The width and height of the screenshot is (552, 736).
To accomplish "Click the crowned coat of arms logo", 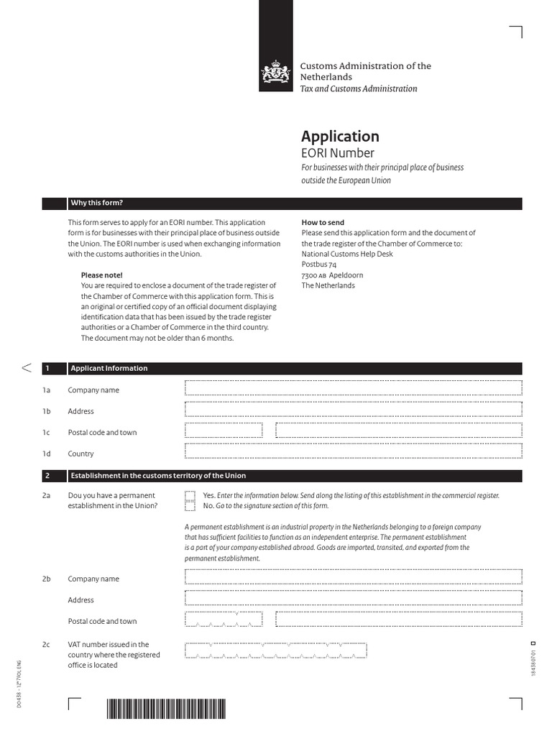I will tap(275, 73).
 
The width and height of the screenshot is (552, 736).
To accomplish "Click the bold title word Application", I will tap(340, 137).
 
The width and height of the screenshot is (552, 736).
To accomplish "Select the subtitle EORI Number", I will tap(337, 153).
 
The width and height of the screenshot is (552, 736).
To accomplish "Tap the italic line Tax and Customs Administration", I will tap(359, 88).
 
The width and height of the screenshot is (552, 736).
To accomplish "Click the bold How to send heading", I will tap(323, 223).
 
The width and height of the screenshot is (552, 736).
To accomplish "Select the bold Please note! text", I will tap(101, 275).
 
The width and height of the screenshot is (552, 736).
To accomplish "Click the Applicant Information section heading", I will tap(109, 368).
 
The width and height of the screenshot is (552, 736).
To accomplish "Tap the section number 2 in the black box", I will tap(47, 476).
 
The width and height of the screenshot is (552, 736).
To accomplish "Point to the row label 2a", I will tap(47, 496).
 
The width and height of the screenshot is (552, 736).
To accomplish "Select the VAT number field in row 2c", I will tap(276, 650).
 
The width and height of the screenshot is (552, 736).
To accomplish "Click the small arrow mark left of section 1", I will tap(27, 368).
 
